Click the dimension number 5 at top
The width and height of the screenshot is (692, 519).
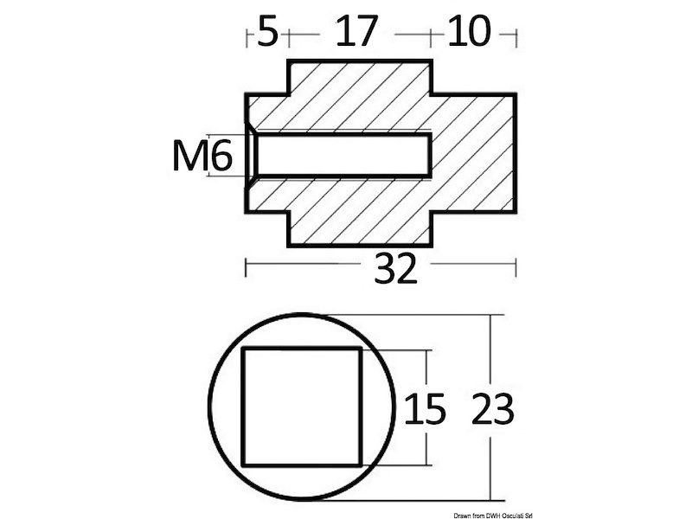(x=268, y=34)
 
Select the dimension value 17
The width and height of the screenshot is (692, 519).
(x=357, y=34)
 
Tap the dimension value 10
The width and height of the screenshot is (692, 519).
(x=469, y=34)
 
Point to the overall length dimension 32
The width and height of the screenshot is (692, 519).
(x=396, y=271)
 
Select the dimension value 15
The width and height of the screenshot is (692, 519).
(x=424, y=409)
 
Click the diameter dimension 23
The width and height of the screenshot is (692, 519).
(x=493, y=409)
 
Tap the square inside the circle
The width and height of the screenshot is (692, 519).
(x=301, y=407)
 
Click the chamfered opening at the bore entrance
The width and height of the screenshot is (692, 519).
(x=251, y=156)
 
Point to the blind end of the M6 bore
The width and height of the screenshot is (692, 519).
(x=429, y=156)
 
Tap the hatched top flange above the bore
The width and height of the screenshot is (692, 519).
(x=359, y=95)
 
